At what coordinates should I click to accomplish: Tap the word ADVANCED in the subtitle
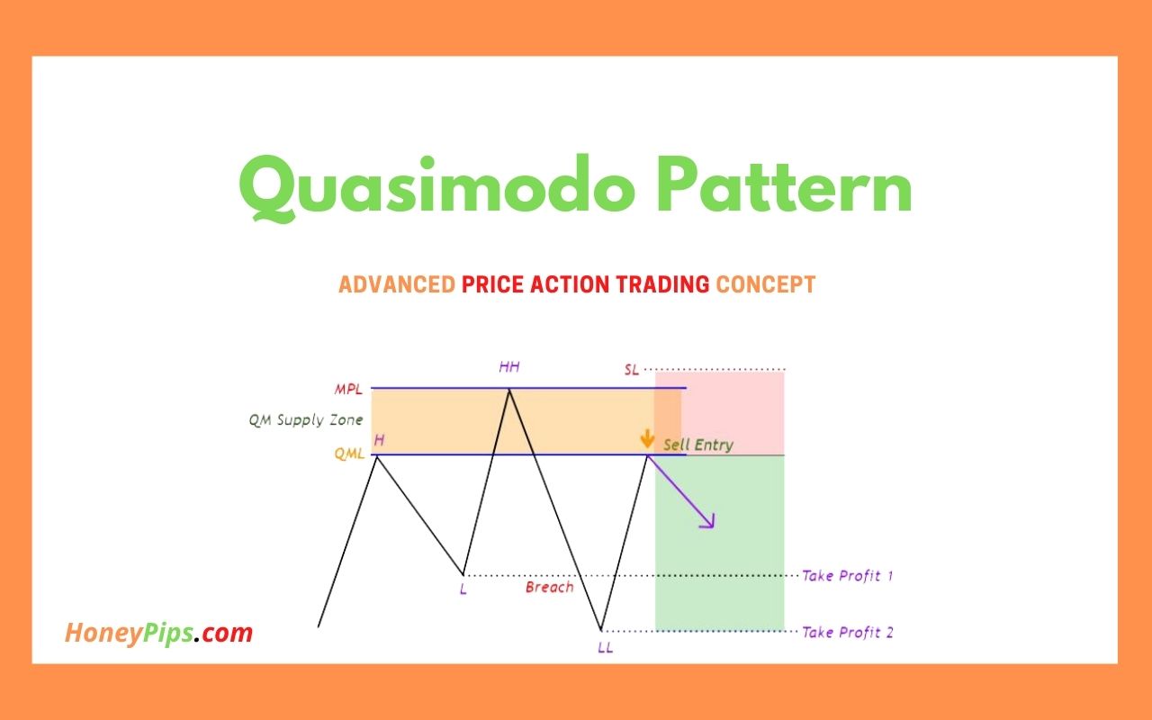click(396, 285)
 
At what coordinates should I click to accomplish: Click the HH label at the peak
click(509, 367)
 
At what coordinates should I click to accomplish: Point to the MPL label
click(350, 389)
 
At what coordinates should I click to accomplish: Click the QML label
click(349, 454)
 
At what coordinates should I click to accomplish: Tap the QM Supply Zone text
click(306, 420)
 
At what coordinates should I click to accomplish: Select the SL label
click(631, 370)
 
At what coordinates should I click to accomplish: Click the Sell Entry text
click(698, 445)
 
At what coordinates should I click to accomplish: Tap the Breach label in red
click(549, 588)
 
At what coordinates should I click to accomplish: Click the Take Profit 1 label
click(847, 576)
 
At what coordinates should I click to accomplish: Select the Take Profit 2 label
click(847, 633)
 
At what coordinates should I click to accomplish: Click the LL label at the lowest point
click(605, 647)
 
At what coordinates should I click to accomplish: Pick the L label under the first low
click(463, 590)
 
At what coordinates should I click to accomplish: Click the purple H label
click(379, 439)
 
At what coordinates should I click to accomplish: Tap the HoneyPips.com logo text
click(158, 633)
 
